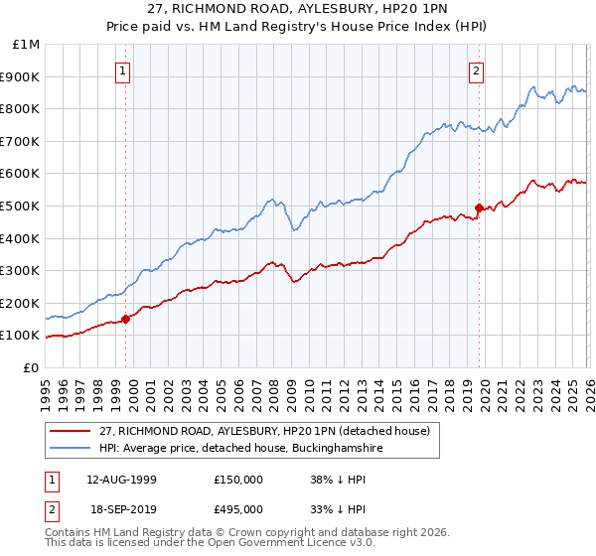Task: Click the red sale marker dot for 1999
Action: (126, 319)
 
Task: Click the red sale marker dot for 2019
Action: (479, 208)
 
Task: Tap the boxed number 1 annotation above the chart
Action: (122, 70)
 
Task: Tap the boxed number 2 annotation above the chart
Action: (477, 70)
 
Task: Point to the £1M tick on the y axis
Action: (27, 45)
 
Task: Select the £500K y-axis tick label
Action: (22, 206)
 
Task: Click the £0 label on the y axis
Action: (31, 367)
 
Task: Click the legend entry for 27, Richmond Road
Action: (264, 431)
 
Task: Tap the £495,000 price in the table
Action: (238, 508)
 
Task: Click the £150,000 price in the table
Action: (238, 479)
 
